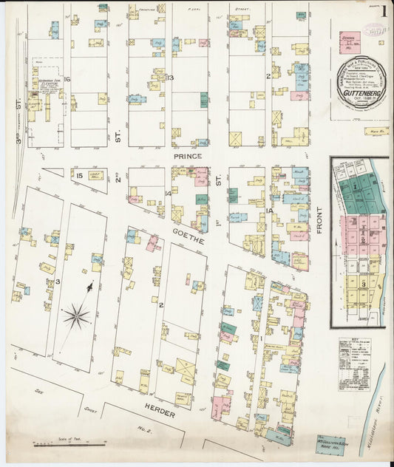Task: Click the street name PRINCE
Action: [x=187, y=157]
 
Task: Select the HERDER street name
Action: [x=159, y=414]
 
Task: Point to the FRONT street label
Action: [x=320, y=219]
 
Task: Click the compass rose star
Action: [x=76, y=316]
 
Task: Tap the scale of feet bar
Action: [x=69, y=445]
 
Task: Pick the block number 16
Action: [x=67, y=79]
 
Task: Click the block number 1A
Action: [x=268, y=211]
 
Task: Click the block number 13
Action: [x=169, y=78]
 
